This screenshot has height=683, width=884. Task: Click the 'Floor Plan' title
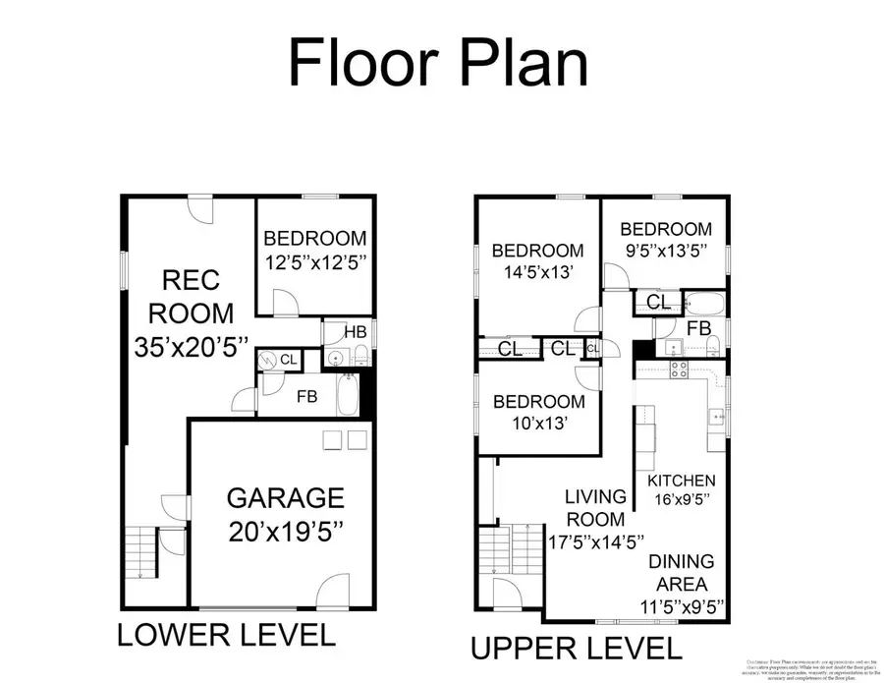tap(438, 63)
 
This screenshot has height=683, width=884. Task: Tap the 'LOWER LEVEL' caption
tap(227, 635)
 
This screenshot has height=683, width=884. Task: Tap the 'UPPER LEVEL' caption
tap(576, 649)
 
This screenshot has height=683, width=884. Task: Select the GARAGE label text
tap(286, 497)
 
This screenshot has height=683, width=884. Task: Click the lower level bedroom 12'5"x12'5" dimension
tap(314, 263)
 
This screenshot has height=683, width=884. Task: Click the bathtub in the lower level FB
tap(347, 397)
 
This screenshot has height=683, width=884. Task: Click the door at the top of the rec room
tap(199, 208)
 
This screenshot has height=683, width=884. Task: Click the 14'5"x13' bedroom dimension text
tap(537, 276)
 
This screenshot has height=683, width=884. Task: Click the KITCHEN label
tap(681, 481)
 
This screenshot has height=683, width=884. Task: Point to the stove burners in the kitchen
tap(679, 370)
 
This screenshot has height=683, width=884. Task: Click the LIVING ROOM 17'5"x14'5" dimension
tap(595, 541)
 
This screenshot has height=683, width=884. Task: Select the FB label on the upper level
tap(698, 327)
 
